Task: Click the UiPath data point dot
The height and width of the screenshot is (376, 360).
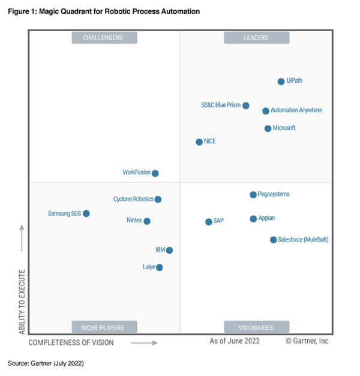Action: pyautogui.click(x=281, y=82)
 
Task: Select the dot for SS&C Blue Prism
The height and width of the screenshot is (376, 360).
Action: pyautogui.click(x=246, y=106)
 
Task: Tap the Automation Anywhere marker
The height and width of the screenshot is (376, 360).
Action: pyautogui.click(x=266, y=111)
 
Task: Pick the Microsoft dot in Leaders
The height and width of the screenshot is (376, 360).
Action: pyautogui.click(x=268, y=129)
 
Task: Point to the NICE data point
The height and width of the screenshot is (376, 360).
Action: pyautogui.click(x=199, y=142)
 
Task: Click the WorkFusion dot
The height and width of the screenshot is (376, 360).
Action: pyautogui.click(x=155, y=174)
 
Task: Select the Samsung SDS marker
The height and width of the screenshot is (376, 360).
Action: pyautogui.click(x=86, y=214)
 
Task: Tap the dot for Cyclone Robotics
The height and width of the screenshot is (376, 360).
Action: pyautogui.click(x=158, y=199)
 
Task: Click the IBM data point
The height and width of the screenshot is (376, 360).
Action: pyautogui.click(x=170, y=250)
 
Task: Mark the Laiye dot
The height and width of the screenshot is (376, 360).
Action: pyautogui.click(x=160, y=268)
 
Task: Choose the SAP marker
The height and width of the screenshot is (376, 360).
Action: pyautogui.click(x=209, y=222)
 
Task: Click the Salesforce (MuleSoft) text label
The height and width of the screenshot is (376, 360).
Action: pyautogui.click(x=303, y=240)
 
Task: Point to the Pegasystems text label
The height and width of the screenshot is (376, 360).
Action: pyautogui.click(x=274, y=195)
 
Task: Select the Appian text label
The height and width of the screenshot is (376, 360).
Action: pyautogui.click(x=266, y=219)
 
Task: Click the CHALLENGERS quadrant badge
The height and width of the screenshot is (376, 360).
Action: pyautogui.click(x=104, y=38)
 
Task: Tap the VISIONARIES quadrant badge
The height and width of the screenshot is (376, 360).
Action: pyautogui.click(x=256, y=327)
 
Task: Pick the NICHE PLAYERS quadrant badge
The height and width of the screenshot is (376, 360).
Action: pyautogui.click(x=102, y=327)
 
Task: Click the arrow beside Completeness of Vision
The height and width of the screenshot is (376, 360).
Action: pyautogui.click(x=144, y=343)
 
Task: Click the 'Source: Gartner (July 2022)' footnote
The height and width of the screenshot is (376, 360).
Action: pyautogui.click(x=46, y=363)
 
